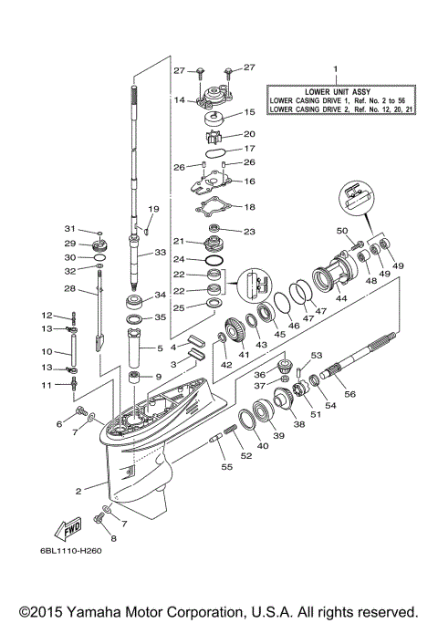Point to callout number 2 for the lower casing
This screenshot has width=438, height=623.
tap(78, 491)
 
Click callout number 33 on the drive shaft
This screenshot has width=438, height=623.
tap(159, 253)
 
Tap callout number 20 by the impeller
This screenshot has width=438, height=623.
tap(248, 134)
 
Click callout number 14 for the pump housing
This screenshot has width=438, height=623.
tap(180, 100)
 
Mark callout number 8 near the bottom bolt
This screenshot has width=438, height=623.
tap(114, 538)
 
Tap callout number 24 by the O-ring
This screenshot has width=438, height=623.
tap(182, 258)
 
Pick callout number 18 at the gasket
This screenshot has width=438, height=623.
tap(249, 207)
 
